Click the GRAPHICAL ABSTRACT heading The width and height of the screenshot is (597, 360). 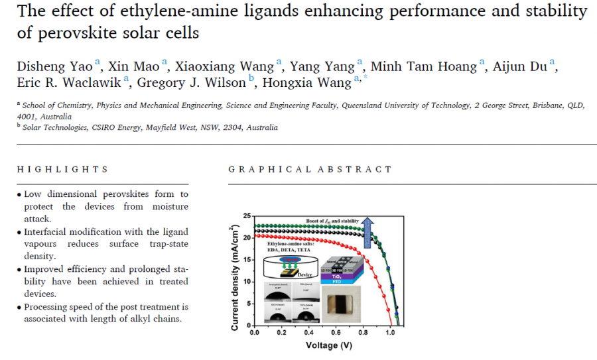310,170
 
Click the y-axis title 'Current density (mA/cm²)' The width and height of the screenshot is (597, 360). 235,276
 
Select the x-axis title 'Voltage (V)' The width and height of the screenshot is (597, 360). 328,345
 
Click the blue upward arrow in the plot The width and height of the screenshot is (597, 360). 369,231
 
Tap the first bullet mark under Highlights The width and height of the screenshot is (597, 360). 19,194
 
